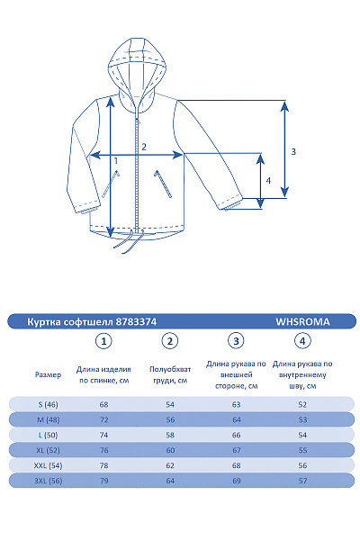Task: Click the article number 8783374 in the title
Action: [145, 320]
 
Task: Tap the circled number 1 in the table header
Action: [105, 341]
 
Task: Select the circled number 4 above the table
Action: [303, 341]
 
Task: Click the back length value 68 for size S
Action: [104, 404]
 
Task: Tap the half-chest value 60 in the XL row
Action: [170, 449]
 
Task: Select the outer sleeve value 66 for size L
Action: [236, 435]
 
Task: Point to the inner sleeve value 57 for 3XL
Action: [302, 481]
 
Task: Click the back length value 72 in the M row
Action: [104, 419]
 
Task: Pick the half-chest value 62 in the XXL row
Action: [170, 464]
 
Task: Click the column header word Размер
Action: [49, 373]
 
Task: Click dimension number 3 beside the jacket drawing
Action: [293, 151]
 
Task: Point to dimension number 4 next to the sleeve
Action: [268, 180]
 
